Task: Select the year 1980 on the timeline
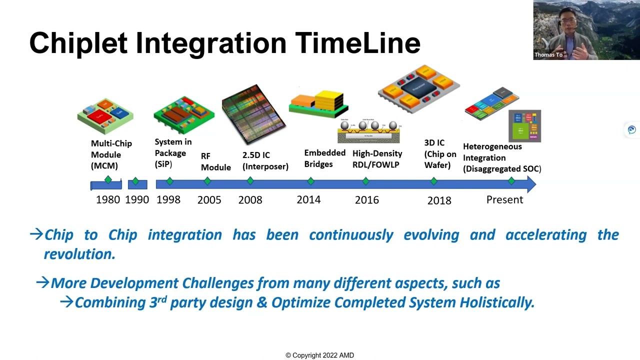(x=108, y=199)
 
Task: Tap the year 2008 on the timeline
(x=250, y=200)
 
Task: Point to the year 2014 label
(x=308, y=199)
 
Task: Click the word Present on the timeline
(x=504, y=199)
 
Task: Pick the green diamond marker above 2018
(x=434, y=181)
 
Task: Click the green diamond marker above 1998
(x=169, y=181)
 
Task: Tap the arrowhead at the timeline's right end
(x=530, y=184)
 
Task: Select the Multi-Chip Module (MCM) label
(x=111, y=154)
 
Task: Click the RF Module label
(x=215, y=161)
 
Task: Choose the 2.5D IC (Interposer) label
(x=265, y=161)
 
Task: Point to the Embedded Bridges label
(x=324, y=158)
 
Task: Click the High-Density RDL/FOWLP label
(x=377, y=159)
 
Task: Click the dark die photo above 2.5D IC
(x=253, y=114)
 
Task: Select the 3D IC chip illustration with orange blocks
(x=418, y=89)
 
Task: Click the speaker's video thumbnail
(x=586, y=30)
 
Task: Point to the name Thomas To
(x=548, y=55)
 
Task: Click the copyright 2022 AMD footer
(x=319, y=355)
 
